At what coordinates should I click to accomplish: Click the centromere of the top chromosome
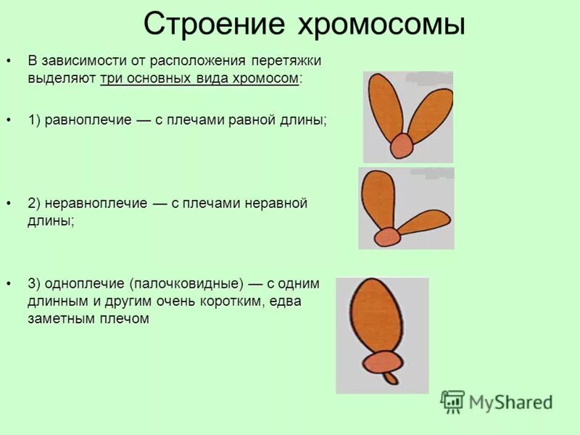(x=401, y=146)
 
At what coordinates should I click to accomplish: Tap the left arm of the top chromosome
(x=386, y=105)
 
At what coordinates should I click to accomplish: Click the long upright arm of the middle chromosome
(x=379, y=198)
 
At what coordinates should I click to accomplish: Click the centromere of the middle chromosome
(x=388, y=236)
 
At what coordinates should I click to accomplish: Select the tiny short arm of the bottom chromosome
(x=391, y=378)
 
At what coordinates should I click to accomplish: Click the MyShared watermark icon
(x=453, y=402)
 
